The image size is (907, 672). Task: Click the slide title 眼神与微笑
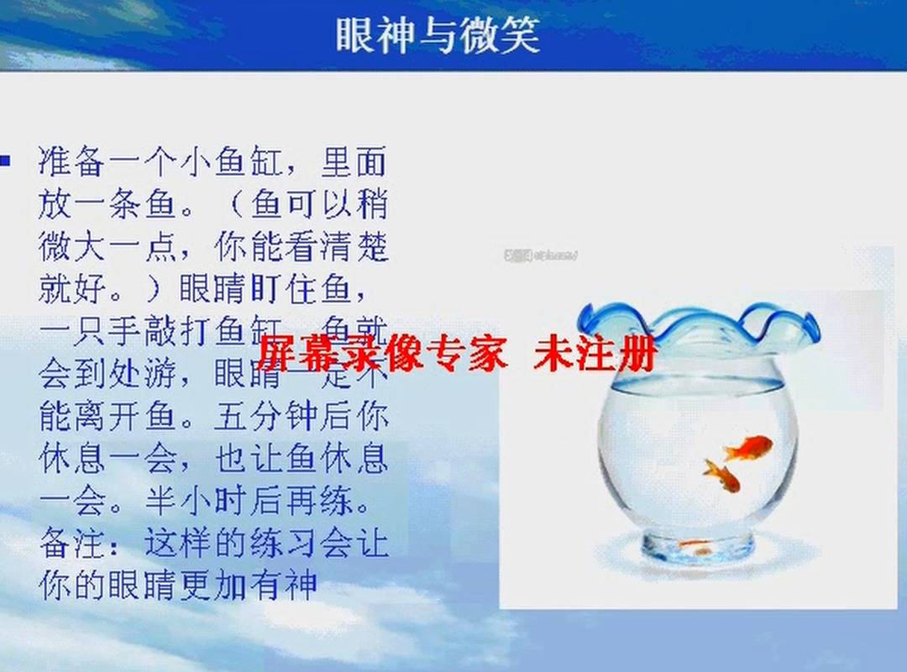[437, 36]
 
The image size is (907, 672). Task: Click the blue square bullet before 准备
[5, 159]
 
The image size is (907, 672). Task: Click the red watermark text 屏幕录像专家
[382, 354]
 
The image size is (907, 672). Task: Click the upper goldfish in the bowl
[747, 447]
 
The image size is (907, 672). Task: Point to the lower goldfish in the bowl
[722, 475]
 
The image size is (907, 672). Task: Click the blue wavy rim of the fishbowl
[697, 324]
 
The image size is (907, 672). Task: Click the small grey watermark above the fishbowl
[541, 255]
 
